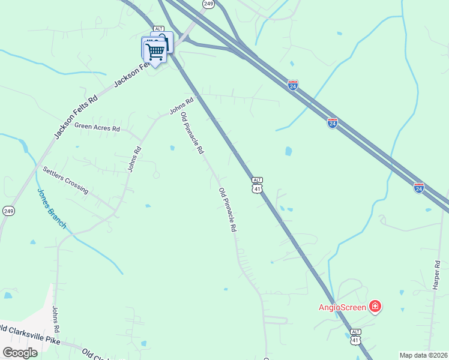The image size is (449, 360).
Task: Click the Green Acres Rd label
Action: pyautogui.click(x=97, y=127)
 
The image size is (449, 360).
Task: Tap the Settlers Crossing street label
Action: pyautogui.click(x=65, y=181)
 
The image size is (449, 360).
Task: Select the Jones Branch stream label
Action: pyautogui.click(x=52, y=209)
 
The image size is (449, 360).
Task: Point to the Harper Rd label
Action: pyautogui.click(x=436, y=275)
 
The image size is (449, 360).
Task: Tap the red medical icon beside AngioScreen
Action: pyautogui.click(x=376, y=307)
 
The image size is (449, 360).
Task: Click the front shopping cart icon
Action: pyautogui.click(x=155, y=51)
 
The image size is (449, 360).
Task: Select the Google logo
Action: pyautogui.click(x=20, y=353)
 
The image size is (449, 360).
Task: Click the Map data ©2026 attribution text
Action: pyautogui.click(x=423, y=355)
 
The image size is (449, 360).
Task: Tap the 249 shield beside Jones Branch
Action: pyautogui.click(x=8, y=211)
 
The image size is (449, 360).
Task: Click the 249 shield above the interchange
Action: pyautogui.click(x=208, y=4)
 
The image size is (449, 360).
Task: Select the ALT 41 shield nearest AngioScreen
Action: pyautogui.click(x=355, y=337)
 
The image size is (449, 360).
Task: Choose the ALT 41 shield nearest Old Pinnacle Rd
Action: pyautogui.click(x=257, y=185)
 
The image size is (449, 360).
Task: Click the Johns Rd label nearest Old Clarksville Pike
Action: pyautogui.click(x=56, y=320)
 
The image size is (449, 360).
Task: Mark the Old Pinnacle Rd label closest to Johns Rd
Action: pyautogui.click(x=192, y=134)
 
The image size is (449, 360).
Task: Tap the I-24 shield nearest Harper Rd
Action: pyautogui.click(x=419, y=187)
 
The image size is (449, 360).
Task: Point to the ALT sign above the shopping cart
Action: pyautogui.click(x=158, y=28)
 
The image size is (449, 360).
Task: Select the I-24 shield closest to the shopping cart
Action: pyautogui.click(x=292, y=85)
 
